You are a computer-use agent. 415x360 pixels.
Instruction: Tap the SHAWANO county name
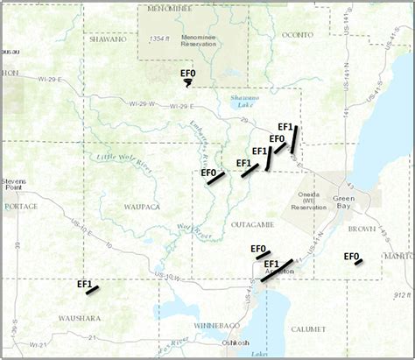point(109,39)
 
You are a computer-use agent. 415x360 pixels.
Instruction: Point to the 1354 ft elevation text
point(159,39)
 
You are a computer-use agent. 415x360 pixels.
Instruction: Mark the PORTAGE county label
point(21,207)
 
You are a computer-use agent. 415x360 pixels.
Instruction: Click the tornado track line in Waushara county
point(92,289)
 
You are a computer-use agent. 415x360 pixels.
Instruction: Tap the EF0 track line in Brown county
point(358,262)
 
